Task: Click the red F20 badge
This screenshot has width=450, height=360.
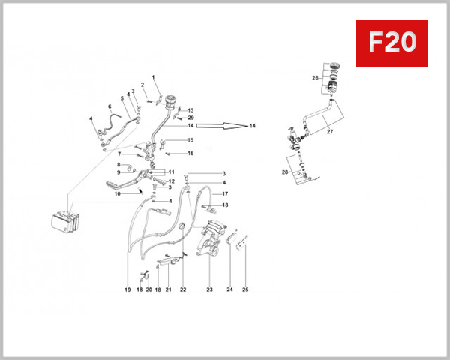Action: point(391,43)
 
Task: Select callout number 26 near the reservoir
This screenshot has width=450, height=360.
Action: point(316,77)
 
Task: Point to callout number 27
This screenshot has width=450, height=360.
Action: point(328,132)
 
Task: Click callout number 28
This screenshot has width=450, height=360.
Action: point(284,172)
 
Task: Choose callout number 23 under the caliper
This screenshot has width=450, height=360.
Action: point(209,289)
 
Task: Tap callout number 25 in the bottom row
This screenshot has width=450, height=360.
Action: point(244,289)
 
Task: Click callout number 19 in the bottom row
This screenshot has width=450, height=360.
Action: point(128,289)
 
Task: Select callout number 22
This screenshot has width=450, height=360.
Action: point(182,289)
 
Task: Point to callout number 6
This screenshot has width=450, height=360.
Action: point(109,106)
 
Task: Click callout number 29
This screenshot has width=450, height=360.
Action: point(190,118)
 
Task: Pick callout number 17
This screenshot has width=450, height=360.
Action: point(224,194)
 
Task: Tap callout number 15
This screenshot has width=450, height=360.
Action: point(190,140)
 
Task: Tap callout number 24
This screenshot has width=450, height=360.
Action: point(229,289)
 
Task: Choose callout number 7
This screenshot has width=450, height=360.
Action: point(118,154)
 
